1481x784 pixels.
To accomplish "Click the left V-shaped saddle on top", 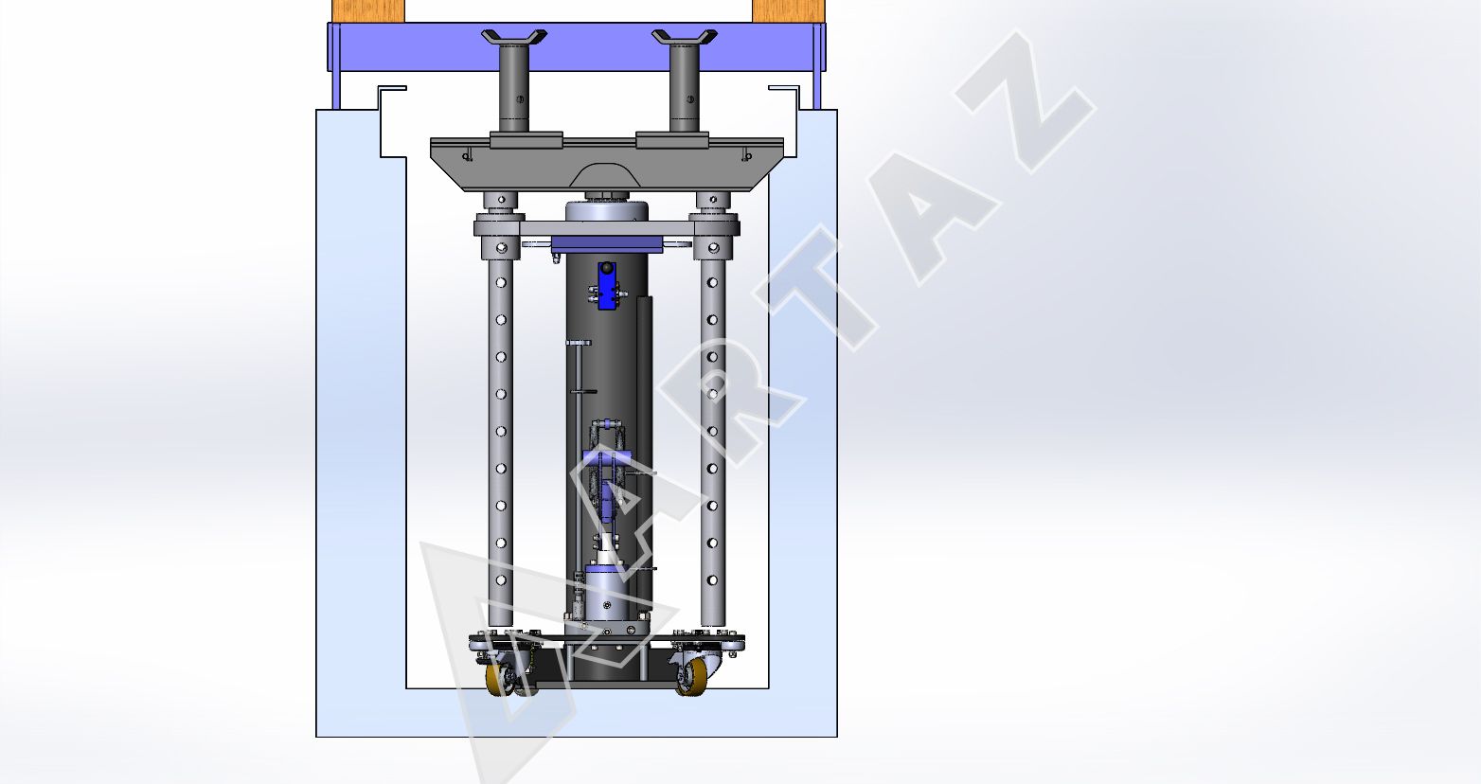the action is tap(514, 37).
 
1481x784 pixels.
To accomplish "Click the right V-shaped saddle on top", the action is tap(685, 37).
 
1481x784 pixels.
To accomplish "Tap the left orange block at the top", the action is tap(368, 10).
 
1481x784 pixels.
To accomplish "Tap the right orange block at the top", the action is tap(789, 10).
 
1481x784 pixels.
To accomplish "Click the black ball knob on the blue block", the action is tap(607, 267).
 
